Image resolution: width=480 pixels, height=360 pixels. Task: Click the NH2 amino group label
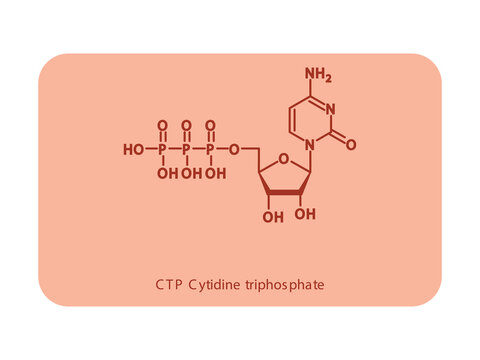(x=318, y=74)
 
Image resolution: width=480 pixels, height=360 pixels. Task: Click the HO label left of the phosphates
(x=133, y=150)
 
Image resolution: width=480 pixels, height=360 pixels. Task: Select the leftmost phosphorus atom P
(x=162, y=150)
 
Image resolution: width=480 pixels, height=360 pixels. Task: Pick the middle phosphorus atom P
(x=186, y=150)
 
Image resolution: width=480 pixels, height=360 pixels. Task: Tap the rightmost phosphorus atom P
(x=210, y=150)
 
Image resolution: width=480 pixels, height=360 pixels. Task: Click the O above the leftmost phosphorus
(x=162, y=126)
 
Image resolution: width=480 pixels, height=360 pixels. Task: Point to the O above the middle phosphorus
(x=186, y=126)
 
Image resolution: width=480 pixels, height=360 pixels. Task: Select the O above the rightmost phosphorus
(x=210, y=126)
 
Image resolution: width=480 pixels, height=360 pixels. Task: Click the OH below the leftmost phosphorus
(x=167, y=173)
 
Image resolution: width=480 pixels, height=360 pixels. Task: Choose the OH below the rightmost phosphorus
(x=215, y=173)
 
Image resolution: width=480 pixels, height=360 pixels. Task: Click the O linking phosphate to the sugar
(x=234, y=150)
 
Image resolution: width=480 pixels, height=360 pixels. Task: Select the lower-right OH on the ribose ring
(x=307, y=214)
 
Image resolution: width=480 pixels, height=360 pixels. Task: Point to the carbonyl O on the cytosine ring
(x=350, y=144)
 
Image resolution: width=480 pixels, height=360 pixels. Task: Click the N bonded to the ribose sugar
(x=311, y=144)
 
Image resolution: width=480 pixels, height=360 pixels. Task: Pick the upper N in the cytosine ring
(x=331, y=109)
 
